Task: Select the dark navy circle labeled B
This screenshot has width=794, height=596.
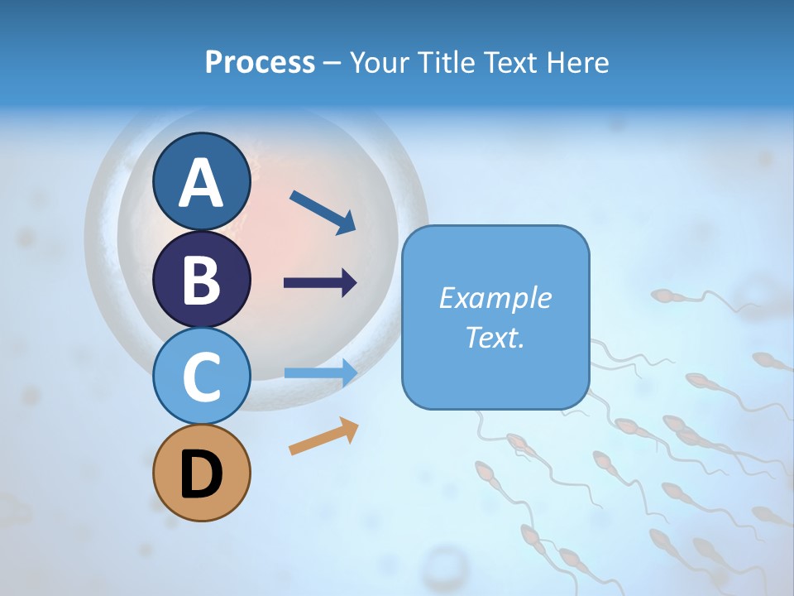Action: click(x=201, y=279)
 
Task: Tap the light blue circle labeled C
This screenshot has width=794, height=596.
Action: click(x=201, y=377)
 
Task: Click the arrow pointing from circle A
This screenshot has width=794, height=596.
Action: click(x=323, y=212)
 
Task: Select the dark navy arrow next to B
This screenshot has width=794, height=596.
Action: click(x=320, y=283)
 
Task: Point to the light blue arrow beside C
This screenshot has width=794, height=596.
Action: click(x=320, y=373)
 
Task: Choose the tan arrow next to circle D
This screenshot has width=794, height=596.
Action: click(x=323, y=436)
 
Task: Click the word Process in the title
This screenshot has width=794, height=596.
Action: click(x=260, y=63)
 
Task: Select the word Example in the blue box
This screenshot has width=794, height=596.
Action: click(x=495, y=298)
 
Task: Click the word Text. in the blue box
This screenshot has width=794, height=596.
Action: click(x=495, y=337)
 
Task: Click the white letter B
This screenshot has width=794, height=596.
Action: click(x=201, y=281)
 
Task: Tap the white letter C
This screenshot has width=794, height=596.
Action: click(x=201, y=377)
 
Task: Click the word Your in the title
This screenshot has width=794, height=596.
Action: click(x=380, y=63)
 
